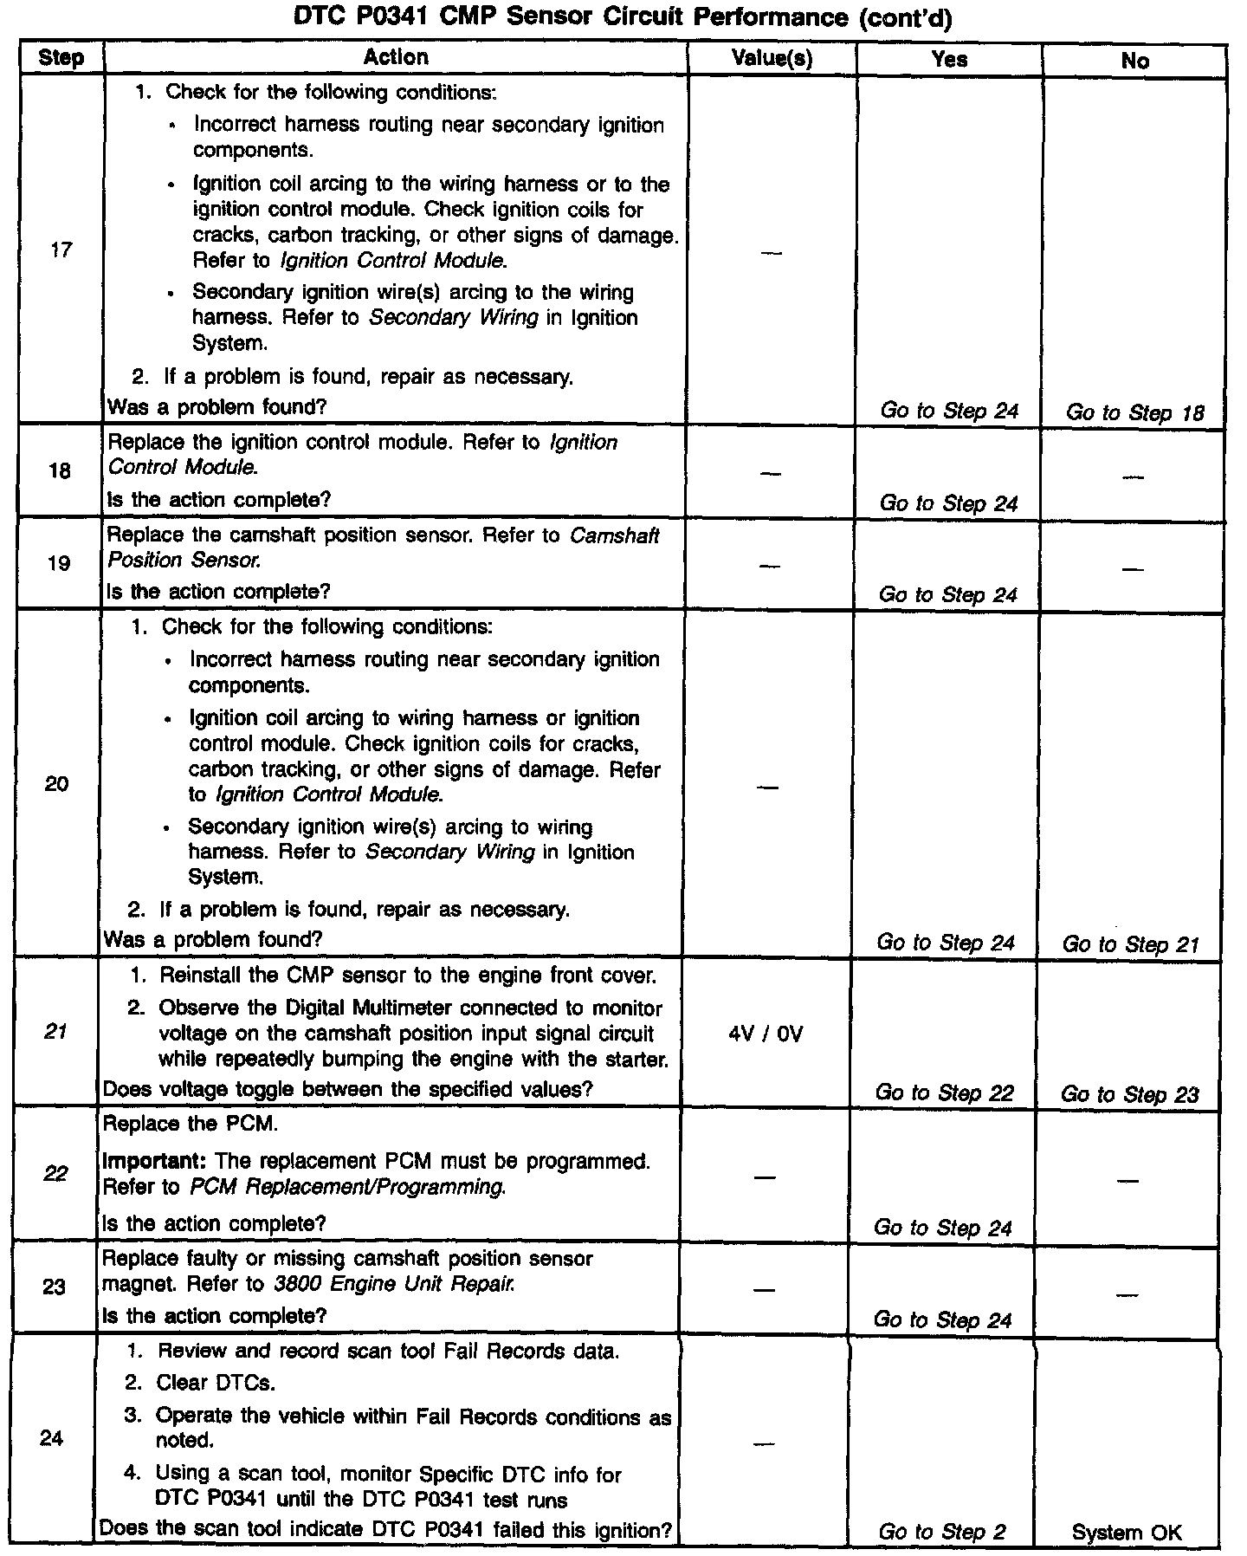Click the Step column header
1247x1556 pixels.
point(61,58)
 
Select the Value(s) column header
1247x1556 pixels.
point(772,58)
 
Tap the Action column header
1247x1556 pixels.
point(396,57)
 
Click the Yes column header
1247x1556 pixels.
point(949,59)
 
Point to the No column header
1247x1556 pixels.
point(1134,60)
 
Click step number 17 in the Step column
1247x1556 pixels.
point(61,250)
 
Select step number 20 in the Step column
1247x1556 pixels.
point(57,784)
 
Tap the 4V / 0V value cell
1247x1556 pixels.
point(766,1034)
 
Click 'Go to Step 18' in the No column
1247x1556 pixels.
point(1134,412)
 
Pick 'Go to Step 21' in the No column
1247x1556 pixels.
point(1130,944)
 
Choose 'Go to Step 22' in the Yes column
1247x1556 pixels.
point(944,1092)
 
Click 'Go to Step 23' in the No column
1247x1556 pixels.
point(1129,1094)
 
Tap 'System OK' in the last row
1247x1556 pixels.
point(1127,1533)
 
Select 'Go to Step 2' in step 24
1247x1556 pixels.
point(942,1532)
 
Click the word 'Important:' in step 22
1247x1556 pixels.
point(155,1161)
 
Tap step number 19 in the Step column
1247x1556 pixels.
point(59,563)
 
